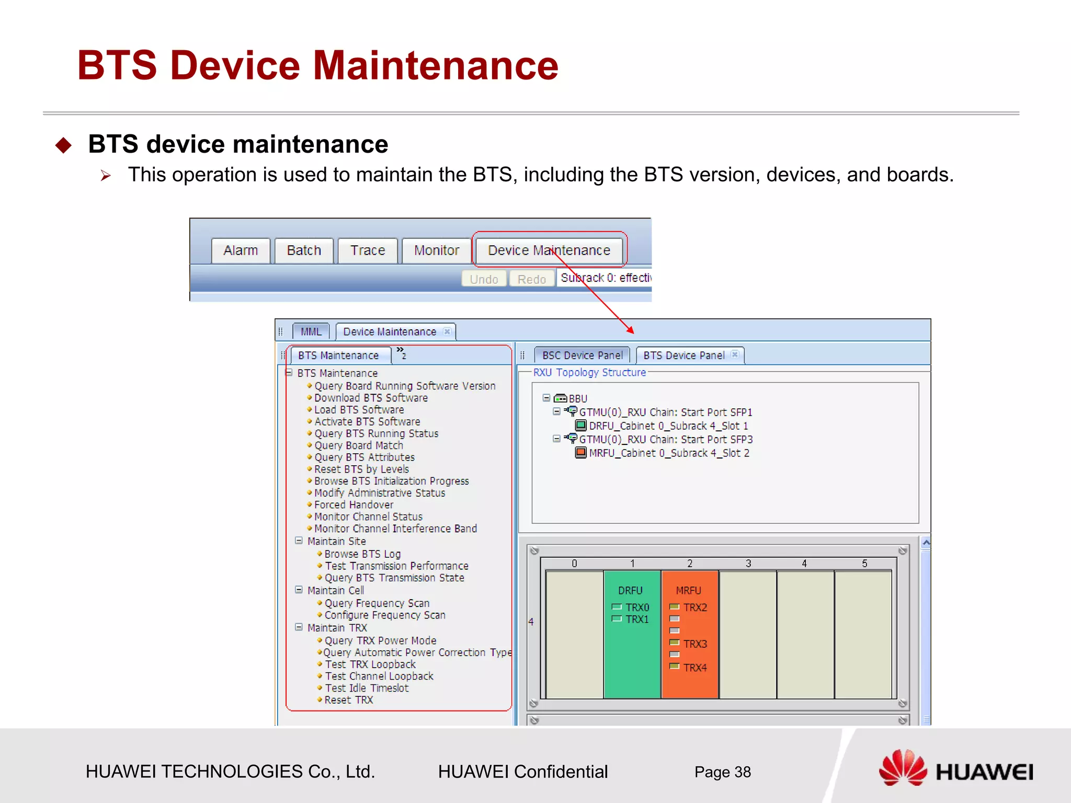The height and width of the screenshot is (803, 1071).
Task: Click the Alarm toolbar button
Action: pos(241,250)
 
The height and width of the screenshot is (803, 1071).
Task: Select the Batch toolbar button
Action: pos(304,250)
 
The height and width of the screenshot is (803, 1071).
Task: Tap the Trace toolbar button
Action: pos(368,250)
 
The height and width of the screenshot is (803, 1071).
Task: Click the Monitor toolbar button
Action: pos(437,250)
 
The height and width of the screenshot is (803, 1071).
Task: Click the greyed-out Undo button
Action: pos(484,279)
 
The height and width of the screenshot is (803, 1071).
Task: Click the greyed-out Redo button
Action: pos(532,279)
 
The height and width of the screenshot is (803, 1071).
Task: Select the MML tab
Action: pos(311,331)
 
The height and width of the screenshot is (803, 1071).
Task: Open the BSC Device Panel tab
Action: pos(582,355)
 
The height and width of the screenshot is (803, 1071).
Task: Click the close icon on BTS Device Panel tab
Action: pos(735,354)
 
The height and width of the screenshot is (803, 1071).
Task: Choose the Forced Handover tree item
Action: pos(354,505)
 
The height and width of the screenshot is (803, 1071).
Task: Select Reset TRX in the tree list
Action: pos(348,700)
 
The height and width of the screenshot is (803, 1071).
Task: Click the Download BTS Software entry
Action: pos(371,398)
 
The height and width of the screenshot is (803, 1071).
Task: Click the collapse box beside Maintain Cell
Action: pos(299,590)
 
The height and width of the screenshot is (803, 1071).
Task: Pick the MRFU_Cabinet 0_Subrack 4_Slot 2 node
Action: pos(669,453)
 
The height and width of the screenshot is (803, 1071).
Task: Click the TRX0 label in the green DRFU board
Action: pos(637,607)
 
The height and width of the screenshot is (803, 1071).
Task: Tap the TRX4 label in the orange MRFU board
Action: pos(695,668)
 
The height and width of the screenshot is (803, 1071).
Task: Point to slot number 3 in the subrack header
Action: pos(748,564)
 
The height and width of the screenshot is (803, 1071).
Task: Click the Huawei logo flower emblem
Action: pos(903,767)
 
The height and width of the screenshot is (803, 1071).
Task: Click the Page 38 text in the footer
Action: pos(722,772)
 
